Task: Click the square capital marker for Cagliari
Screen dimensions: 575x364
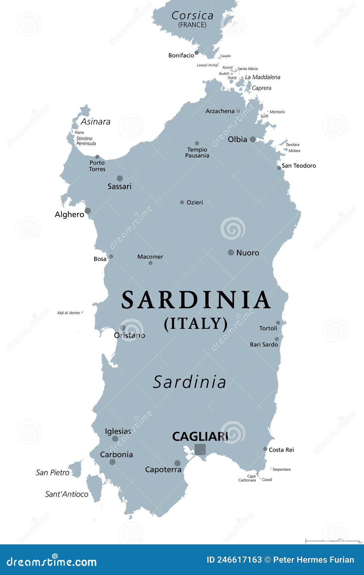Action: (200, 449)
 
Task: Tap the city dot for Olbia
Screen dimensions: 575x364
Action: (253, 139)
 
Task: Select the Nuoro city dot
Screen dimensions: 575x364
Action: (231, 252)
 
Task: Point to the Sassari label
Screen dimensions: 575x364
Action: (120, 186)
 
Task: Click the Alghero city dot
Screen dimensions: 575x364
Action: (88, 211)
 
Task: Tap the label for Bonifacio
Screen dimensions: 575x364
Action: (181, 55)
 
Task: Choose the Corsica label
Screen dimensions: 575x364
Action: (192, 16)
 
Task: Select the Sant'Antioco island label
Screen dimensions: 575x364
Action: (67, 494)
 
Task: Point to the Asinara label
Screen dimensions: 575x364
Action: (95, 121)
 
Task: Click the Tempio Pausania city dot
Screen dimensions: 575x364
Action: (197, 143)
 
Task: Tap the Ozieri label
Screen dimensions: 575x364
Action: (195, 202)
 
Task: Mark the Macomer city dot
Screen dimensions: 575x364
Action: (151, 263)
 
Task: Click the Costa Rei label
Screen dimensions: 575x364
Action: (281, 450)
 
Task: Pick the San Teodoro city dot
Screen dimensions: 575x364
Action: (279, 168)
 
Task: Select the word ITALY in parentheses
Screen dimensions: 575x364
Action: (196, 323)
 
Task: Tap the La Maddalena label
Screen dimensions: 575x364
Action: (263, 77)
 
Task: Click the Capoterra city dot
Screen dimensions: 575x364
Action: (177, 463)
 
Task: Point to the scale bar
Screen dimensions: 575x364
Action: (333, 541)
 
